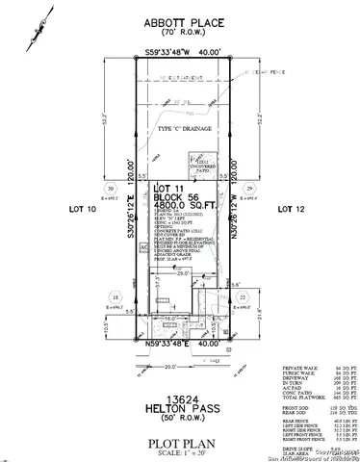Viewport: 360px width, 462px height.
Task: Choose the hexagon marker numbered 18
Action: pos(116,299)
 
